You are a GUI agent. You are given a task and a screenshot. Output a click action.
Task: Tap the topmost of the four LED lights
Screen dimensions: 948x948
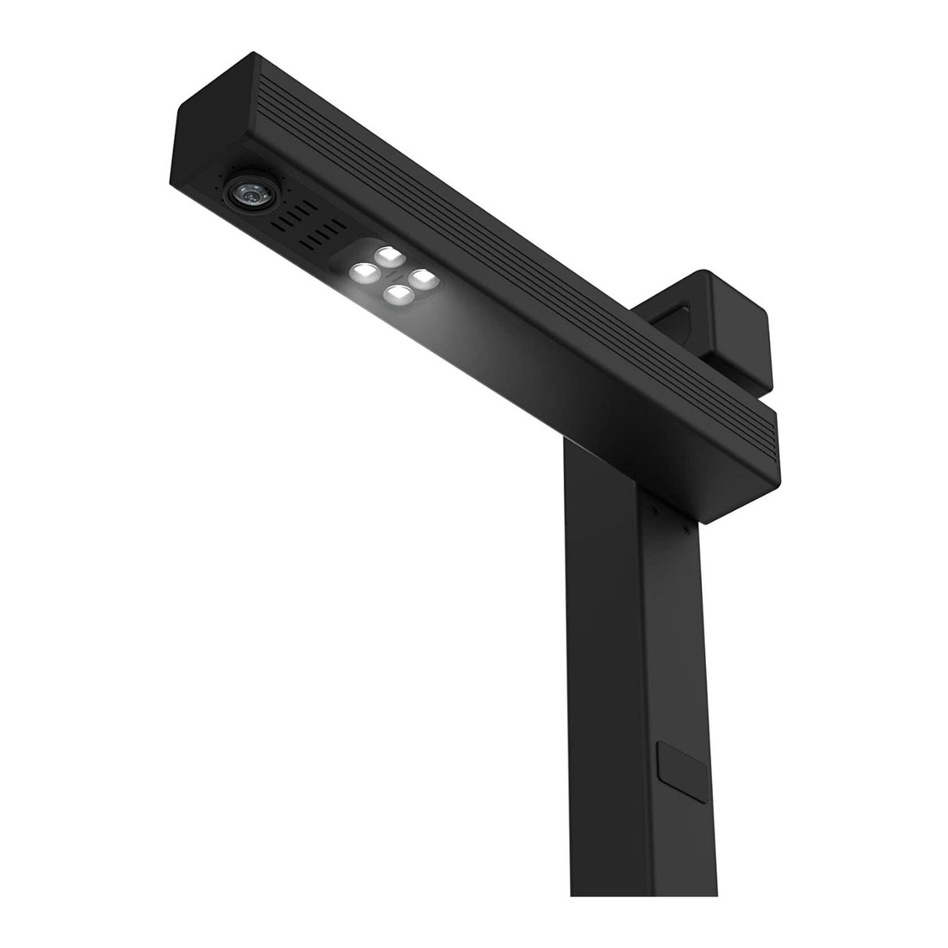pyautogui.click(x=388, y=255)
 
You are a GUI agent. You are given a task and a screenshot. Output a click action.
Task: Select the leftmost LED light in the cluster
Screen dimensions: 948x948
pyautogui.click(x=362, y=273)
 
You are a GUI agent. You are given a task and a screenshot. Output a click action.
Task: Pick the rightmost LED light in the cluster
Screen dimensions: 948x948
pyautogui.click(x=422, y=276)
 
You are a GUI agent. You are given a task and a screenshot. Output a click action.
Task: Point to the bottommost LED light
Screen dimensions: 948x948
pyautogui.click(x=399, y=294)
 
